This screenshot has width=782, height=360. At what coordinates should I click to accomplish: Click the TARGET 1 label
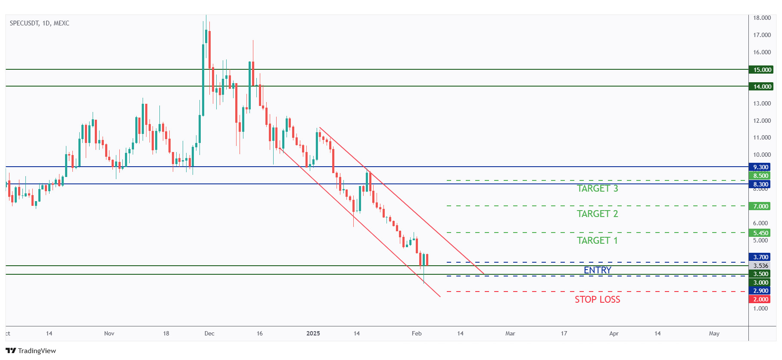[x=597, y=241]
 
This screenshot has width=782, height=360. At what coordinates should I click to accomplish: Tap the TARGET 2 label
[x=597, y=214]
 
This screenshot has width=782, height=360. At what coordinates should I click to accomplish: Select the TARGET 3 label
[x=597, y=189]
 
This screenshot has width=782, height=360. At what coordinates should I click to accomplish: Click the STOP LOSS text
[x=597, y=300]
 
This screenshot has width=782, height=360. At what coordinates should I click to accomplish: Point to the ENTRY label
[x=597, y=270]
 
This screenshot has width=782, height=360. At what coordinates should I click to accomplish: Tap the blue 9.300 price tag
[x=760, y=167]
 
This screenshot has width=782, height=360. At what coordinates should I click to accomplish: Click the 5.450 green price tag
[x=760, y=233]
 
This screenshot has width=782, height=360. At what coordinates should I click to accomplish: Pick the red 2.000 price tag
[x=760, y=299]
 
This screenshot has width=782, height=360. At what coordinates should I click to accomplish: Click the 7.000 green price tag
[x=760, y=206]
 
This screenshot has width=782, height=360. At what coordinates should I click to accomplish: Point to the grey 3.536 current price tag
[x=760, y=266]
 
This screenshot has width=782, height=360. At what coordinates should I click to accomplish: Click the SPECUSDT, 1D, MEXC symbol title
[x=39, y=23]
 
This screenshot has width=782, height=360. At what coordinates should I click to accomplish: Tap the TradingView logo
[x=31, y=351]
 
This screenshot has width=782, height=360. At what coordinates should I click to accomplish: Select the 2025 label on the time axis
[x=313, y=333]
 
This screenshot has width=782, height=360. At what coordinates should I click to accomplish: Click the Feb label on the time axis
[x=416, y=333]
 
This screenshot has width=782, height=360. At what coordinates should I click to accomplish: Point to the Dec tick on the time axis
[x=209, y=333]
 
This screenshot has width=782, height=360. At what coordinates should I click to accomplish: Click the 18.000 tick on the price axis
[x=762, y=18]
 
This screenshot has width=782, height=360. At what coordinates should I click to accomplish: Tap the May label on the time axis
[x=714, y=333]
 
